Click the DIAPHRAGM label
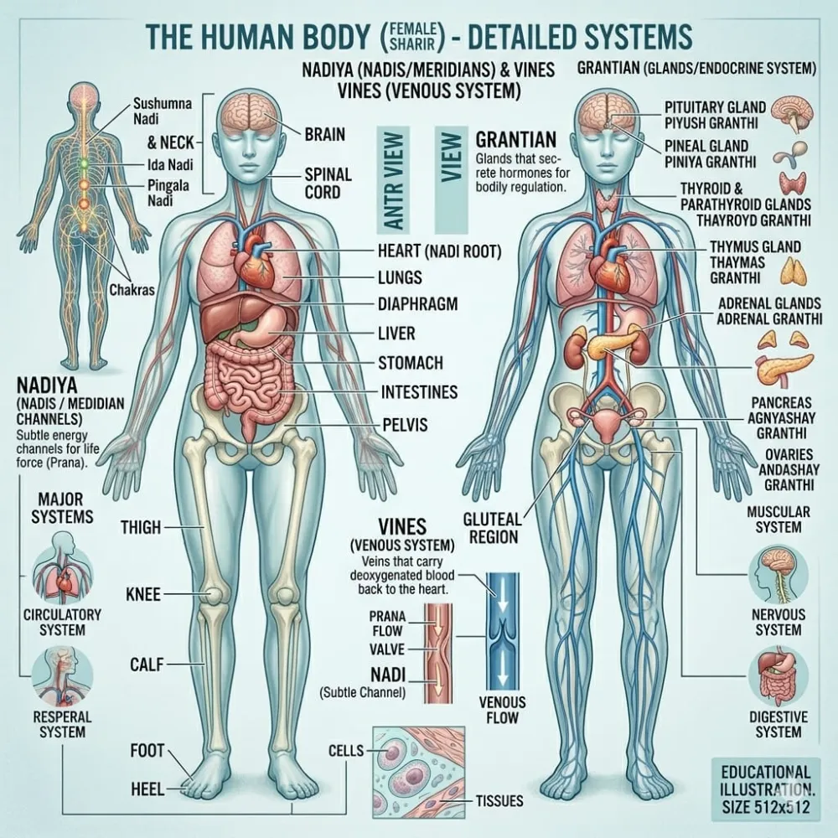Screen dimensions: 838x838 417,304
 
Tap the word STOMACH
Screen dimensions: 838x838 411,363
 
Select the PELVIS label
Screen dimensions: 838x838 405,424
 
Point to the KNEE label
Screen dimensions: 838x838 143,594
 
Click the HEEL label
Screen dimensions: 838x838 147,789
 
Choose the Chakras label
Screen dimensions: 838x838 132,290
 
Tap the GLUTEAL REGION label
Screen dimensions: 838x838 492,527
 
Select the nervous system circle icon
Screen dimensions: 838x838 779,575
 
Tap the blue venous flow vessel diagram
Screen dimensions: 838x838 502,632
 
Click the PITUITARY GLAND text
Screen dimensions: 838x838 715,107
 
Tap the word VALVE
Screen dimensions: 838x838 387,649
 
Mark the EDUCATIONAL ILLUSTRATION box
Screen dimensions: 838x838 766,789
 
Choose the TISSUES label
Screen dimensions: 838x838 499,800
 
